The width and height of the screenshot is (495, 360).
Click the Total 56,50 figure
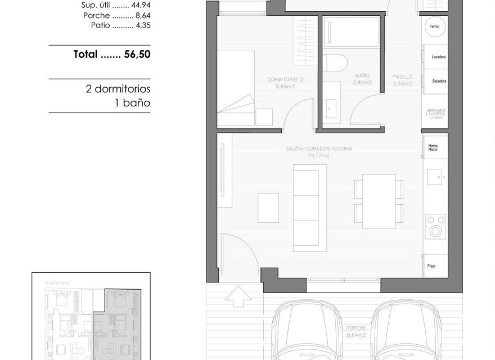coord(112,55)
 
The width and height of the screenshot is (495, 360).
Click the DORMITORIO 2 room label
coord(286,83)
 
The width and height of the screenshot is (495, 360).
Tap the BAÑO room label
coord(362,78)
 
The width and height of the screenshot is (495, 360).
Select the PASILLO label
coord(402,80)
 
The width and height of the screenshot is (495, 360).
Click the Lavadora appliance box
coord(435,57)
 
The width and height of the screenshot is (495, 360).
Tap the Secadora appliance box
coord(435,81)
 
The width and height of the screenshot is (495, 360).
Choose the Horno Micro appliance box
coord(435,147)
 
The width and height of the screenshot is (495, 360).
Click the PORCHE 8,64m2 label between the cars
coord(357,332)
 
